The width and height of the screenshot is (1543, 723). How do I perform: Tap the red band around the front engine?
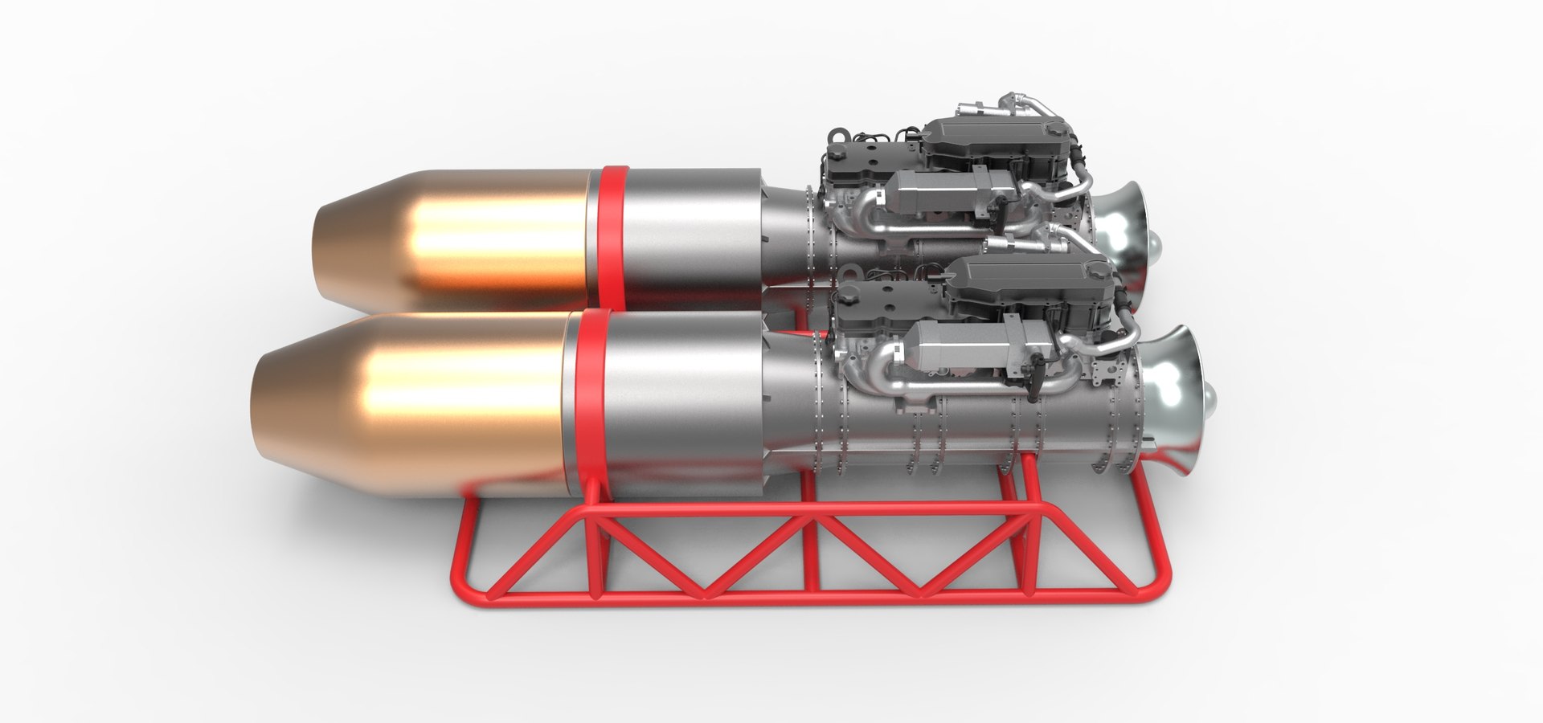click(584, 402)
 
